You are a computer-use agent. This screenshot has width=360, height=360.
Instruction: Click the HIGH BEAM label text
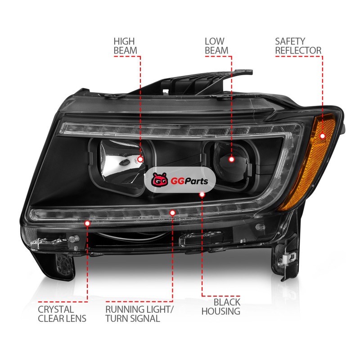point(126,46)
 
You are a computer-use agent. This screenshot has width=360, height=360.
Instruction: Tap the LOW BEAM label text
point(216,46)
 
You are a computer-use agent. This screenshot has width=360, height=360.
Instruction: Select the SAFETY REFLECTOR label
point(298,46)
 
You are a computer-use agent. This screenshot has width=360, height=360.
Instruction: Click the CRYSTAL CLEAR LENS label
point(62,314)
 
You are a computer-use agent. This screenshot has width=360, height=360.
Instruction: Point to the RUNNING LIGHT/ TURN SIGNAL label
point(139,314)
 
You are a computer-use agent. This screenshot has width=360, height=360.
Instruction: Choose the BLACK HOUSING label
point(221,306)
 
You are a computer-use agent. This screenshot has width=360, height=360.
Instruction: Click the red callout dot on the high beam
point(140,159)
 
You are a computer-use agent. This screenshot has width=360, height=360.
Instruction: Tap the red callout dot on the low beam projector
point(231,159)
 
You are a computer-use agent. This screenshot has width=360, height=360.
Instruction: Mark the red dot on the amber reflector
point(323,136)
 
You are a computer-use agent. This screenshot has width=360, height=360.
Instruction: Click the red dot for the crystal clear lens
point(87,223)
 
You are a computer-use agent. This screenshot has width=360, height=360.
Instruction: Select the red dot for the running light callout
point(172,213)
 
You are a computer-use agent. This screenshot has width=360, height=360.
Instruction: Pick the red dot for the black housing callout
point(202,195)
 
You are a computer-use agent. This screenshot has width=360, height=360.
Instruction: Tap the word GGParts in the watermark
point(189,181)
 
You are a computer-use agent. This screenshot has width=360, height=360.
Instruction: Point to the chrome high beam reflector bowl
point(121,161)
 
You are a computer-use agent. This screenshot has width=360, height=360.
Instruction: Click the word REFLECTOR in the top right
point(298,50)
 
